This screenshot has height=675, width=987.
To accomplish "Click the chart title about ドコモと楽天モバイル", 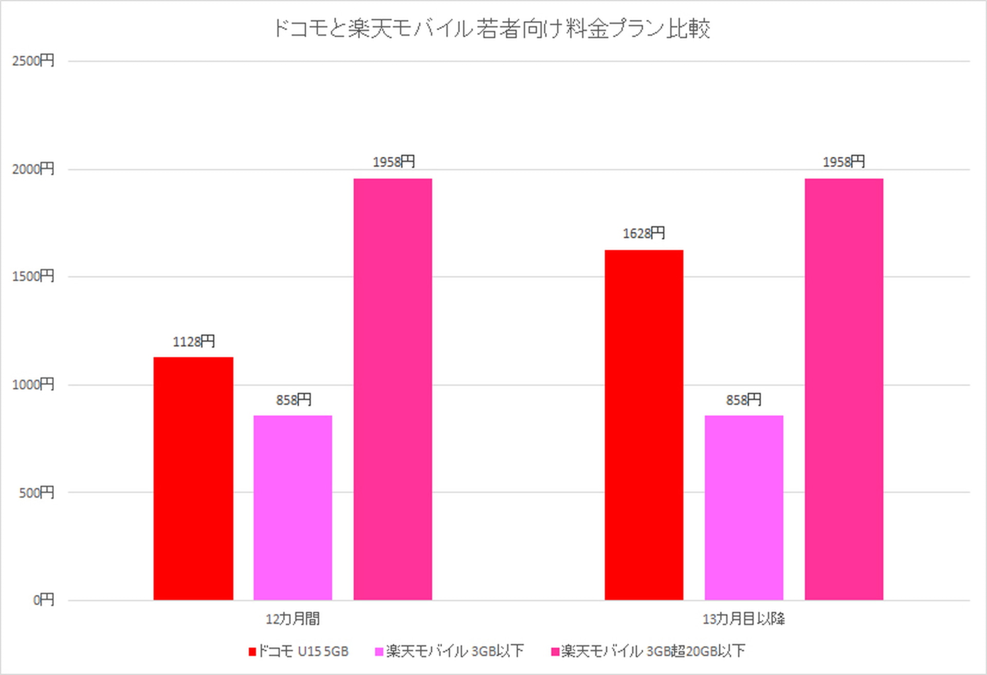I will click(x=491, y=28).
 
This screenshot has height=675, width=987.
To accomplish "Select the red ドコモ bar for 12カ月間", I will click(x=193, y=478).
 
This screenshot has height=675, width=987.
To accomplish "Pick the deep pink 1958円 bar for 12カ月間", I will click(x=393, y=389).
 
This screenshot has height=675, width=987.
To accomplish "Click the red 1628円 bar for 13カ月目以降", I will click(x=644, y=425).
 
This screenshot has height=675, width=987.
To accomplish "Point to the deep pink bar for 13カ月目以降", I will click(x=844, y=389).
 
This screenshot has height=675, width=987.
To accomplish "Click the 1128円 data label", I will click(x=193, y=341).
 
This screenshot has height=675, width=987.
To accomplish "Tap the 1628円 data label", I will click(x=644, y=233).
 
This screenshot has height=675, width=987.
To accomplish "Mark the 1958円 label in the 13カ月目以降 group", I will click(x=844, y=162).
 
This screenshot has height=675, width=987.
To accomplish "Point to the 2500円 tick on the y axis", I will click(x=33, y=61).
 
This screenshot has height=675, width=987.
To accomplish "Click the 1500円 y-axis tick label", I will click(x=33, y=276).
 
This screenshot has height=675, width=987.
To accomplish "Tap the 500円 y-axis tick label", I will click(x=36, y=492).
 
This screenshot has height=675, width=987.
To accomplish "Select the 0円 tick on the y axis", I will click(x=43, y=599).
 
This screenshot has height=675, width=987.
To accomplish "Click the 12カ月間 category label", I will click(x=293, y=618).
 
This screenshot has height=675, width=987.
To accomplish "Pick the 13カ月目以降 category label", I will click(x=743, y=618).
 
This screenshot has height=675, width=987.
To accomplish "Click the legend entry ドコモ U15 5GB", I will click(x=299, y=651).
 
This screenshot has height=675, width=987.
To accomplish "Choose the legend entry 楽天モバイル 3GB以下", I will click(x=450, y=651).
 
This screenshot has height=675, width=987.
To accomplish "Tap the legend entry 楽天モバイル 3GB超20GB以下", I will click(x=648, y=651).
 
